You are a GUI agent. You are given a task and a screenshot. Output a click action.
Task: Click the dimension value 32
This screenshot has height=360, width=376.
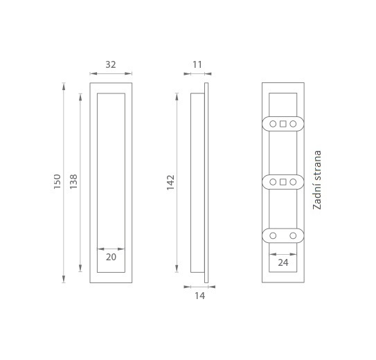(111, 64)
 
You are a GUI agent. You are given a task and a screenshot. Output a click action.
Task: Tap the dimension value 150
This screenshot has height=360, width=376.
(57, 181)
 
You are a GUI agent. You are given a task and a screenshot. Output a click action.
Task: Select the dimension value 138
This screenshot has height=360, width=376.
(73, 181)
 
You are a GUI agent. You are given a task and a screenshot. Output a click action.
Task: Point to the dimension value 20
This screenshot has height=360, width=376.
(111, 257)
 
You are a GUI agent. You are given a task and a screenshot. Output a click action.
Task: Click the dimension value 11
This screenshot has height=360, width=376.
(197, 64)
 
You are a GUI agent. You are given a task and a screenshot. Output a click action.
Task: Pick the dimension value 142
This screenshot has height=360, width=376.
(170, 182)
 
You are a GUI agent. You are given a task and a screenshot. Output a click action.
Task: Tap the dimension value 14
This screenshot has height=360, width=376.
(199, 296)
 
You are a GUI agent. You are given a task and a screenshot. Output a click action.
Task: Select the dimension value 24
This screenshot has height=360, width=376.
(283, 262)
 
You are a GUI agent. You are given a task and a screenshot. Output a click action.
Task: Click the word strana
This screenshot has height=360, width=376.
(317, 168)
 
